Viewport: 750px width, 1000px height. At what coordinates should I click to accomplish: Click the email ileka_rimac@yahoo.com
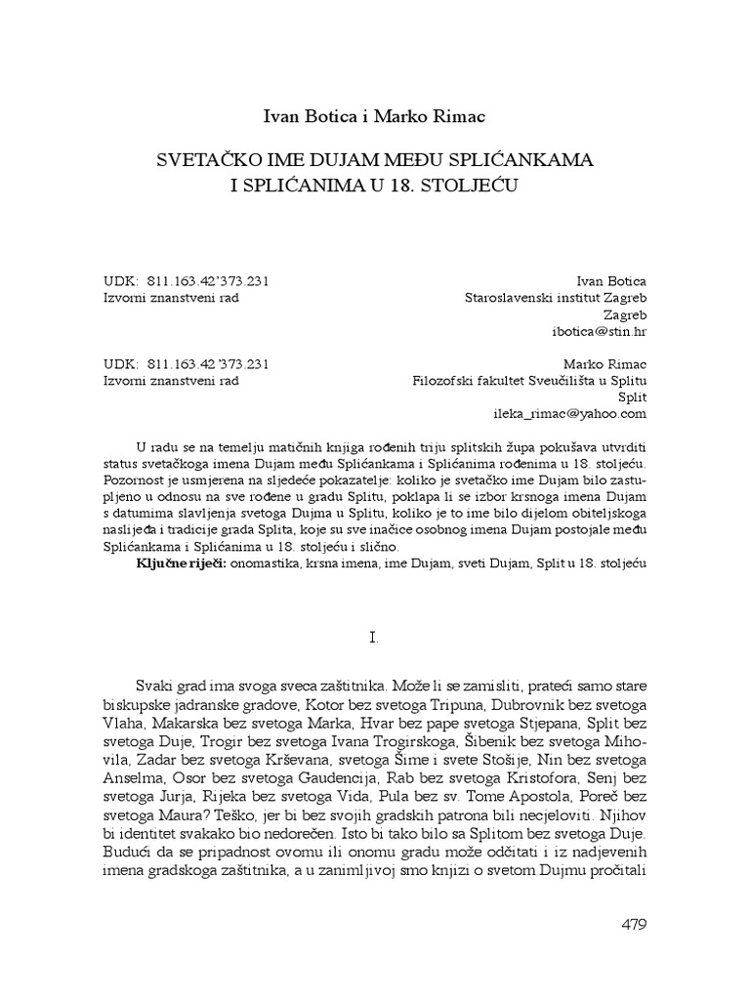[578, 413]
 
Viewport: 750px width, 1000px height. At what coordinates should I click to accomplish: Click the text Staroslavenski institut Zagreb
[555, 298]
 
